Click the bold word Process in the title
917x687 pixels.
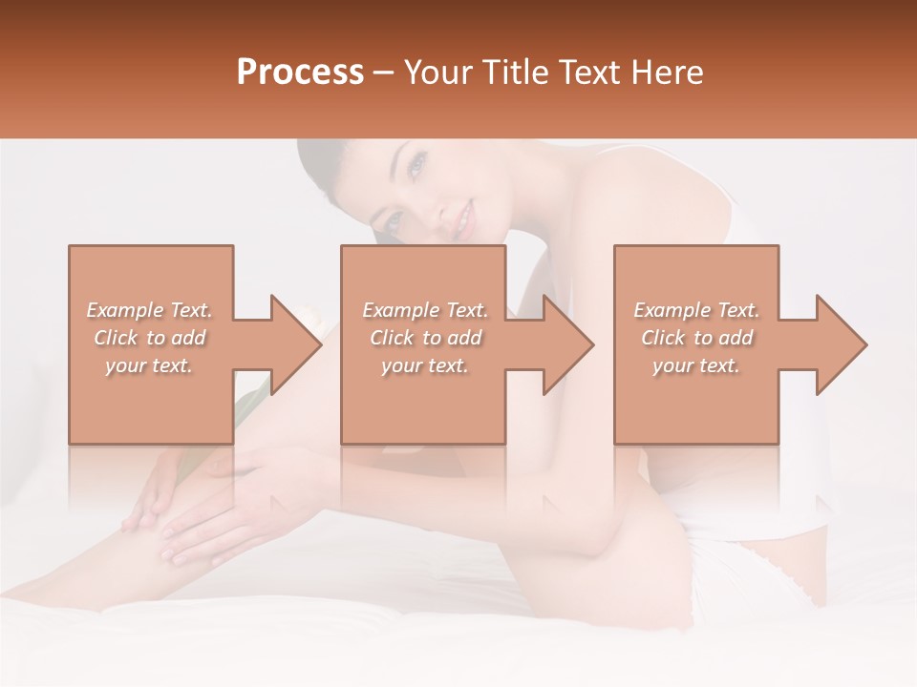[x=300, y=73]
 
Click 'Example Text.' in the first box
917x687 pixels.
[x=150, y=310]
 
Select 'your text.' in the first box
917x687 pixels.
[x=150, y=365]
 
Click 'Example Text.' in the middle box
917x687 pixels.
[x=425, y=310]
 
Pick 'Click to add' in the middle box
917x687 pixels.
[x=425, y=338]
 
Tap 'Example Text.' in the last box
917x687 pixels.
[x=696, y=310]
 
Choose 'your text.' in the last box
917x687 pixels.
[x=696, y=365]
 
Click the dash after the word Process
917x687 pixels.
[x=384, y=73]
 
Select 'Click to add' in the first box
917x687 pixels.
[x=150, y=338]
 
